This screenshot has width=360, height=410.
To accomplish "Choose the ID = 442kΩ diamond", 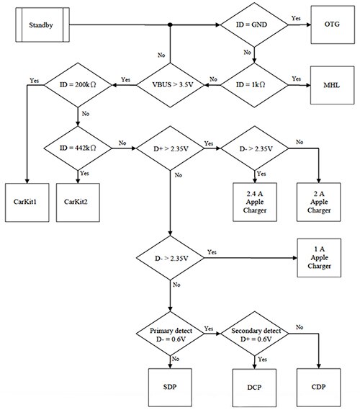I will (76, 150).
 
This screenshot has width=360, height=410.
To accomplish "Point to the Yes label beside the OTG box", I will (296, 18).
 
